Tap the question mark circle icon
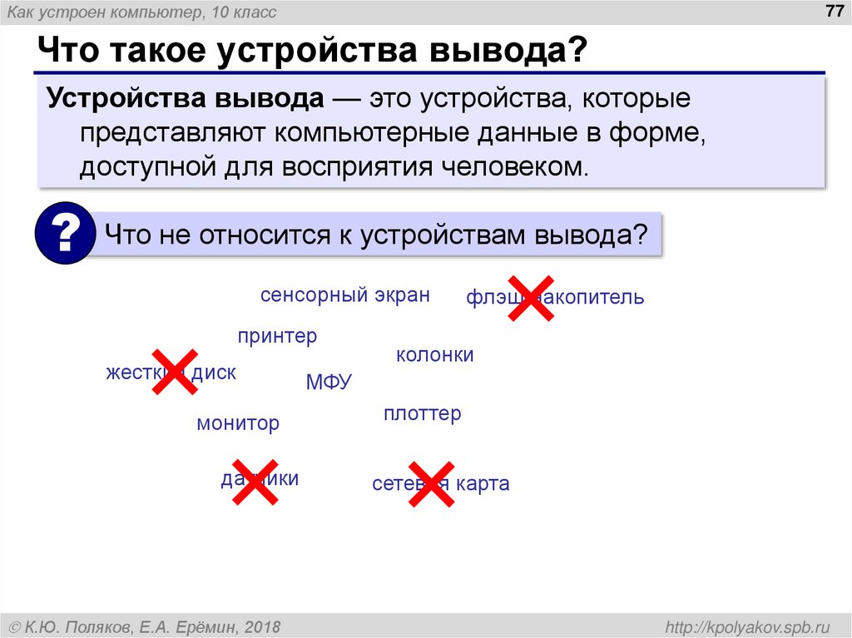(65, 234)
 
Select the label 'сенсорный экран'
(344, 295)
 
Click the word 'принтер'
(277, 337)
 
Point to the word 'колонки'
(434, 355)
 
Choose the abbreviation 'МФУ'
(329, 383)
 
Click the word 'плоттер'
(422, 413)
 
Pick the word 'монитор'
(238, 423)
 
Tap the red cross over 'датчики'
(255, 481)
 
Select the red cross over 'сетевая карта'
(430, 483)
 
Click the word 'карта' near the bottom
(482, 484)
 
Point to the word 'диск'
(214, 373)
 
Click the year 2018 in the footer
(262, 626)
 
